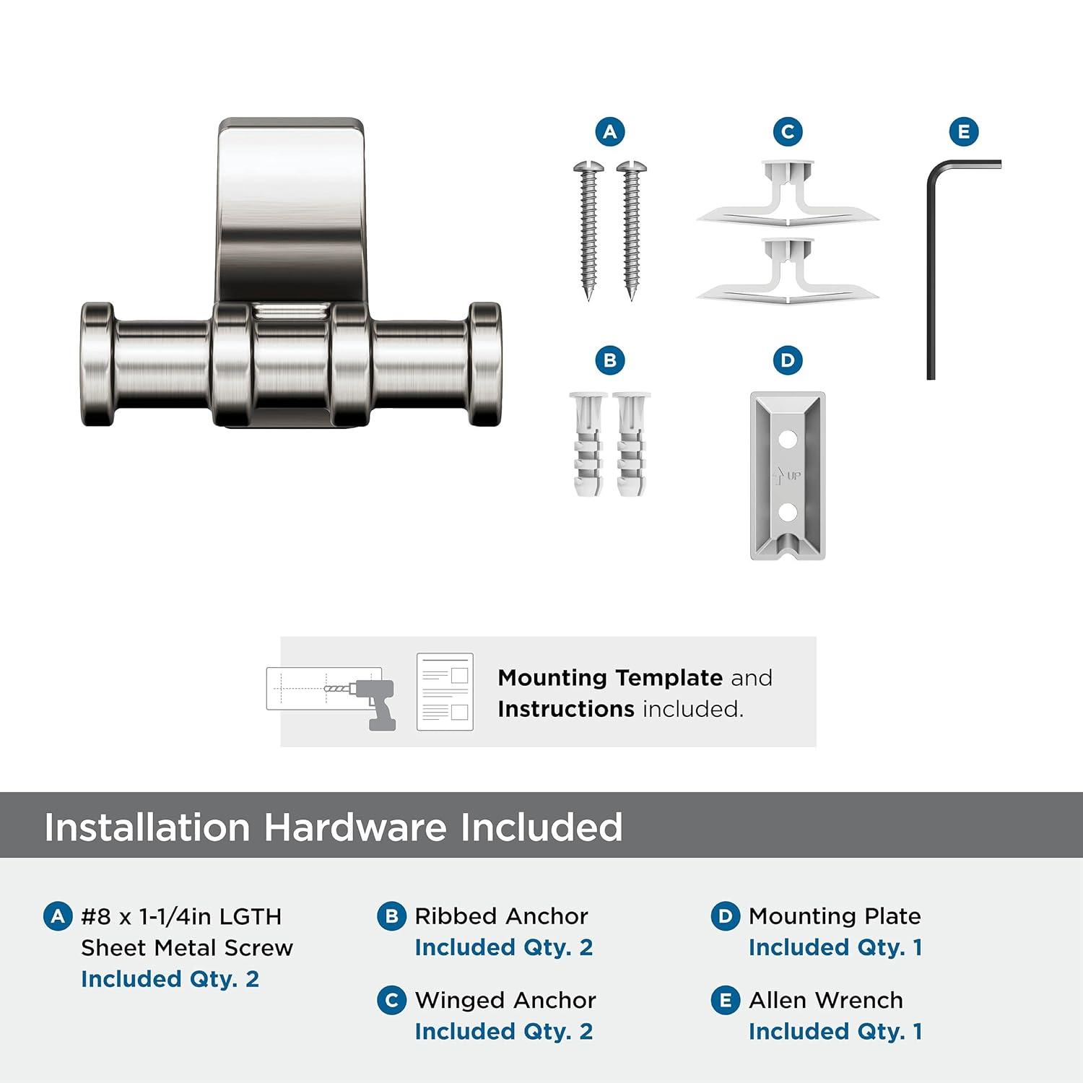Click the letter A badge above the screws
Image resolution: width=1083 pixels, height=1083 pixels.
(x=610, y=131)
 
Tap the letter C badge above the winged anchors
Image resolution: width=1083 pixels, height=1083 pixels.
(x=788, y=131)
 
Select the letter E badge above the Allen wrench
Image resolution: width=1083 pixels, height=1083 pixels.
(x=964, y=131)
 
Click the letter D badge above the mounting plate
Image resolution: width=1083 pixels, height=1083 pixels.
(x=788, y=360)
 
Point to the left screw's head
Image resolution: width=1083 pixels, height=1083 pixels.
(x=588, y=168)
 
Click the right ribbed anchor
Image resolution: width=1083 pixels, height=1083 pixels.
(x=631, y=443)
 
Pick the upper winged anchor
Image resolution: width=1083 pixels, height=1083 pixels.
(x=788, y=192)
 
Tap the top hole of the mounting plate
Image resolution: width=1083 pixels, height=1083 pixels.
(x=788, y=438)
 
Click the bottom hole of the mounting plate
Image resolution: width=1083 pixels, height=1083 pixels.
(x=788, y=512)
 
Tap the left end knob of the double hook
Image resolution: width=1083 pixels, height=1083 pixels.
(x=97, y=365)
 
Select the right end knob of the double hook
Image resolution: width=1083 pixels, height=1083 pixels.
(x=485, y=365)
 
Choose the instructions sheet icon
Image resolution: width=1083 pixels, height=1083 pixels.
(x=445, y=692)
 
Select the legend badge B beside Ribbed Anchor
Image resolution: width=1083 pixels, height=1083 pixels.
(x=391, y=916)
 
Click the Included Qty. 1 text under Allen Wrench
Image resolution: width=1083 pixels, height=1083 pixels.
(x=835, y=1031)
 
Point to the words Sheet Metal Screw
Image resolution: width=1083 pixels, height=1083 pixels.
(x=187, y=947)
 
